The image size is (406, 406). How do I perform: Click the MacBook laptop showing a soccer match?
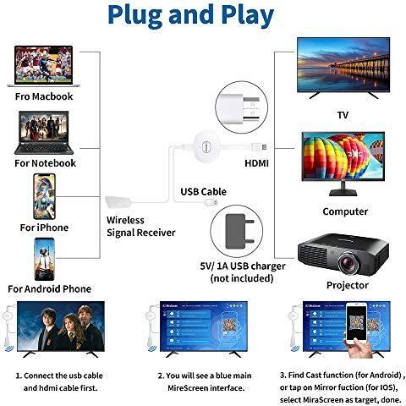[43, 66]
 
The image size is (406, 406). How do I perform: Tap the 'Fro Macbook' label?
[44, 96]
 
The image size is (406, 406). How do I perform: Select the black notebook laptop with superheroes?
[44, 133]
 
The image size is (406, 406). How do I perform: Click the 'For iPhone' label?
[44, 228]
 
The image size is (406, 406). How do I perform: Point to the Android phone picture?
[44, 260]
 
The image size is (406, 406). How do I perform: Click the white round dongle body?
[206, 146]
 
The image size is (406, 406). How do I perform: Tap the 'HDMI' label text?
[256, 163]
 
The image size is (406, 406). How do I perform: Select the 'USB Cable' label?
[203, 192]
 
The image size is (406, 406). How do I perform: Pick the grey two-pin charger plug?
[239, 232]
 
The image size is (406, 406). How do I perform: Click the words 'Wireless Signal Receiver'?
[141, 227]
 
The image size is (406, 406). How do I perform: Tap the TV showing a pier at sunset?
[343, 69]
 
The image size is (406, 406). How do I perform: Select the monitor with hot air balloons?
[343, 163]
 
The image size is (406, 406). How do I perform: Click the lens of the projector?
[349, 264]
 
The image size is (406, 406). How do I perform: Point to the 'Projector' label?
[348, 285]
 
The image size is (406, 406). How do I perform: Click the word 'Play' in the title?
[248, 15]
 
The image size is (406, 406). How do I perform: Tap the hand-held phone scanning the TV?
[356, 323]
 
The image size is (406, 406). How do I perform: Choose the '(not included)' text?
[242, 278]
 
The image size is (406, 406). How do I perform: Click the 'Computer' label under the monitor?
[345, 211]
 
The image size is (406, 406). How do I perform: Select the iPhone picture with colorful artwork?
[44, 196]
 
